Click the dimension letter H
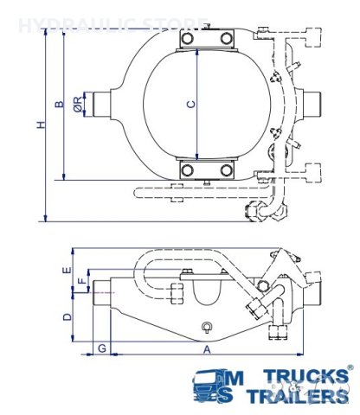[41, 125]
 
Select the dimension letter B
[60, 105]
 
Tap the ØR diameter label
[78, 105]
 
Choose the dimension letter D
[66, 317]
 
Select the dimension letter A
[206, 351]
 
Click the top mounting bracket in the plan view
[206, 40]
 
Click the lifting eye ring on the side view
[206, 326]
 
